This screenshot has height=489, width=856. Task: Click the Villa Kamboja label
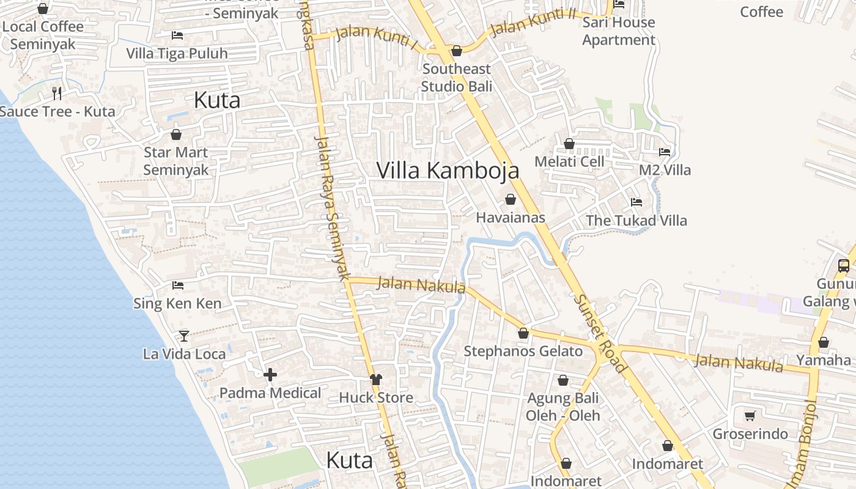point(448,171)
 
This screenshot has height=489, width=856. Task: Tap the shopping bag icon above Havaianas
point(511,199)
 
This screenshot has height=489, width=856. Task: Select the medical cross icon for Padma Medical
point(270,375)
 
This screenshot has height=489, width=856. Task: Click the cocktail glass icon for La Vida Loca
point(183,336)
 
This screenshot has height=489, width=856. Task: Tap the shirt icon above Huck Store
point(375,380)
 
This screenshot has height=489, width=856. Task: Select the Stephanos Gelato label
point(523,351)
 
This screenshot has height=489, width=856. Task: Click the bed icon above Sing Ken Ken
point(178,285)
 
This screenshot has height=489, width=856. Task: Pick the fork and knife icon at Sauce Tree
point(57,93)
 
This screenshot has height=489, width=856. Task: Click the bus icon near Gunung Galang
point(844,265)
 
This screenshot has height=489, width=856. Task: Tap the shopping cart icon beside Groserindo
point(750,416)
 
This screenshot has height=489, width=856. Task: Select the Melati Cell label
point(569,161)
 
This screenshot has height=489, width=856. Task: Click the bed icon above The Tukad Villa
point(636,202)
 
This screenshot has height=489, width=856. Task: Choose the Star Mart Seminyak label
point(176,161)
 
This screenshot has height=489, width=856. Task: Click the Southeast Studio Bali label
point(456,78)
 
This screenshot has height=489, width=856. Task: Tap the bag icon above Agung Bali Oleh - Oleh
point(563,380)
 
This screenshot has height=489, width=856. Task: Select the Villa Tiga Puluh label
point(177,53)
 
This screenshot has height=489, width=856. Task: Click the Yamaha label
point(823,360)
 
